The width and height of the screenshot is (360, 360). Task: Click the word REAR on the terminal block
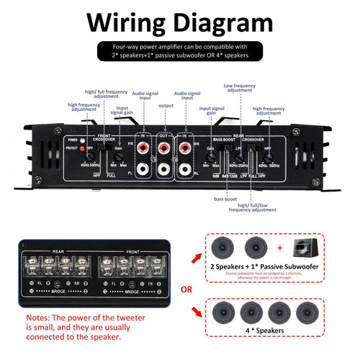(59, 251)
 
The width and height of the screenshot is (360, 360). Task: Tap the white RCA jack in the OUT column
(165, 171)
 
